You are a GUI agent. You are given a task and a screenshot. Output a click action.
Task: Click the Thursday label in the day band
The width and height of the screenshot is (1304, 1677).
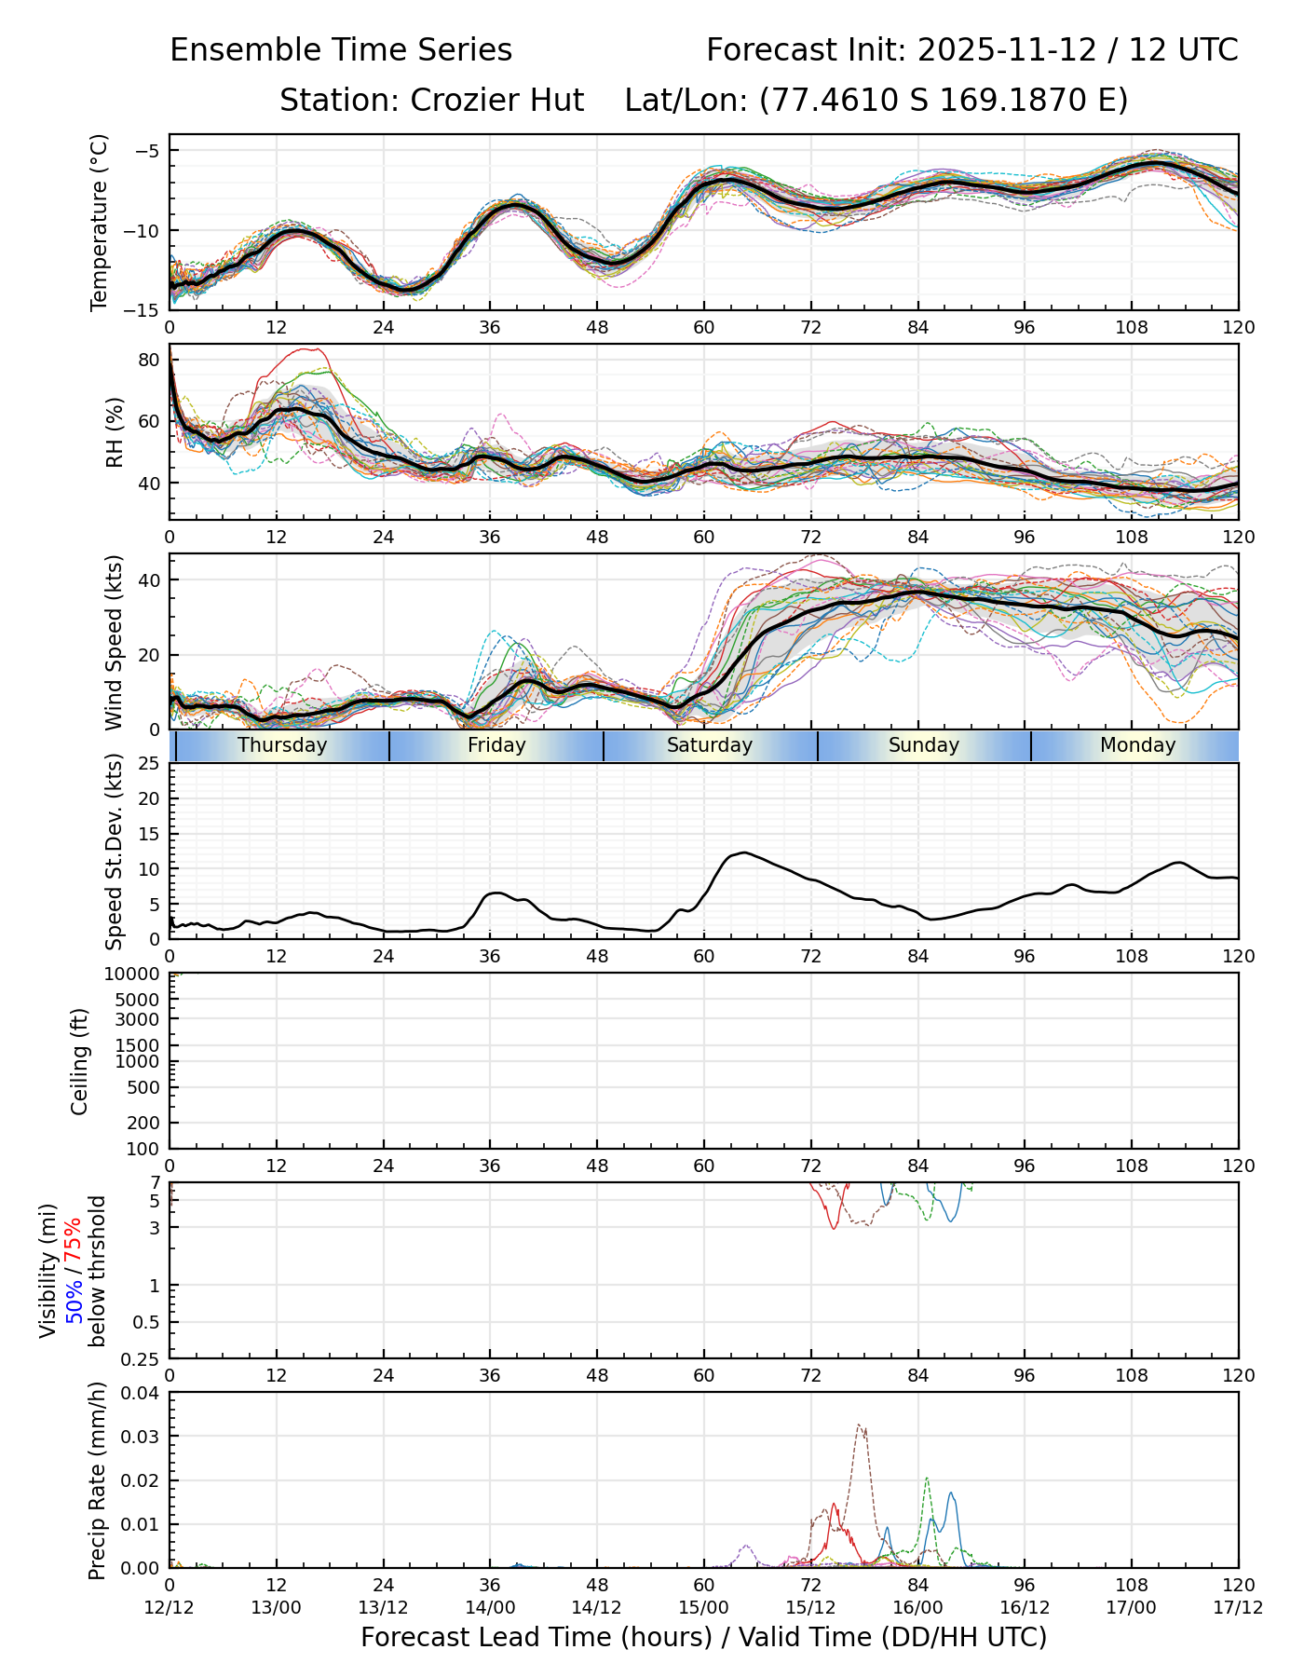click(282, 745)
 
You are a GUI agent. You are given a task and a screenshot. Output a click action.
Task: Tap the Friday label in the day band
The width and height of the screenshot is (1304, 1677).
click(496, 745)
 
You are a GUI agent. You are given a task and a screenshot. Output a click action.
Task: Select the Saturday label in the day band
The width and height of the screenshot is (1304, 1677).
click(710, 745)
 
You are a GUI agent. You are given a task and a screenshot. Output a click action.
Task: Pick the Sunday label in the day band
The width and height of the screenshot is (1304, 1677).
click(923, 745)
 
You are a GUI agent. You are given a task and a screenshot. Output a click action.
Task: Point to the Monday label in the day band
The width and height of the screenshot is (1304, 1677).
click(1137, 745)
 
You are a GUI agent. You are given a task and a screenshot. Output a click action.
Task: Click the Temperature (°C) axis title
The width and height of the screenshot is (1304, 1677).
click(100, 222)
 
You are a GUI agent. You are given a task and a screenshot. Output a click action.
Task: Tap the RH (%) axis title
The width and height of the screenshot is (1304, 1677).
click(115, 431)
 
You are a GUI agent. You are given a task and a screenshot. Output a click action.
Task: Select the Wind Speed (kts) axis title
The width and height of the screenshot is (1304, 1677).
click(115, 642)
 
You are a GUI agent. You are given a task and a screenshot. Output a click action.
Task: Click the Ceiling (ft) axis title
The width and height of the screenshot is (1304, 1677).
click(80, 1061)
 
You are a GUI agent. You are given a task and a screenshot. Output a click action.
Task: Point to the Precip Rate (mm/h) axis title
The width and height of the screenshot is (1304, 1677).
click(98, 1480)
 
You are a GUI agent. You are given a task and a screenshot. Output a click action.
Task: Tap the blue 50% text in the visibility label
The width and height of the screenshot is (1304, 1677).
click(74, 1299)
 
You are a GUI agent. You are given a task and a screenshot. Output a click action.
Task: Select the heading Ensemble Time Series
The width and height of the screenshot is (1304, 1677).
click(341, 50)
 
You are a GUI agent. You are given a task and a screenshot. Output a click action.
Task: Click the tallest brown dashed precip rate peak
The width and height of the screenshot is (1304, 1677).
click(860, 1425)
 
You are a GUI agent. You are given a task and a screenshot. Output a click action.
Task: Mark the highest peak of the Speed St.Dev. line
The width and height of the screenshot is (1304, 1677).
click(742, 852)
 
